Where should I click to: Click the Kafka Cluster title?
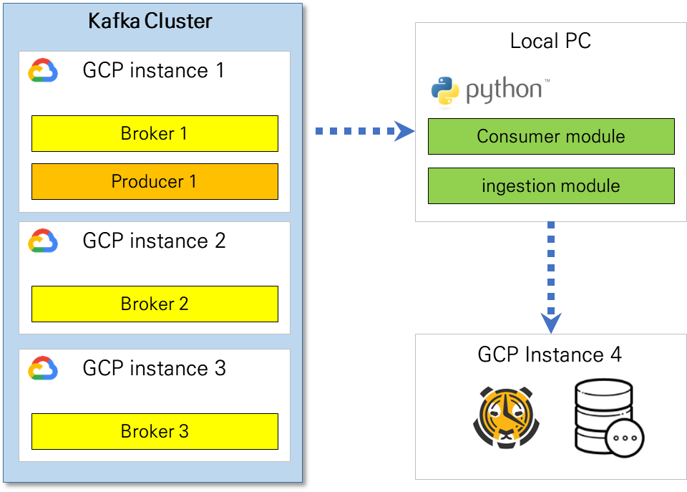(150, 21)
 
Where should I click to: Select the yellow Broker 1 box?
(155, 134)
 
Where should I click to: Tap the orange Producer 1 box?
(155, 182)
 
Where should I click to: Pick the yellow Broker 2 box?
(155, 304)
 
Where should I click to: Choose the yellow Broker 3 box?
(155, 431)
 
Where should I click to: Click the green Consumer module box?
(551, 137)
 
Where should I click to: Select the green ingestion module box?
(551, 186)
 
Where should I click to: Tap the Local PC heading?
(550, 41)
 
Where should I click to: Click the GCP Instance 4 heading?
(550, 354)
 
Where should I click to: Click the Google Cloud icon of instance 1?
(43, 72)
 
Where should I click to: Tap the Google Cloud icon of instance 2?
(43, 241)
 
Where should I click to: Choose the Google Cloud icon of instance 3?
(43, 369)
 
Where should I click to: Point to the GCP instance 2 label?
(154, 241)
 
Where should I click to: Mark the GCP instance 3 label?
(154, 368)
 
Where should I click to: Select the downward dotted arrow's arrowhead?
(550, 323)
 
